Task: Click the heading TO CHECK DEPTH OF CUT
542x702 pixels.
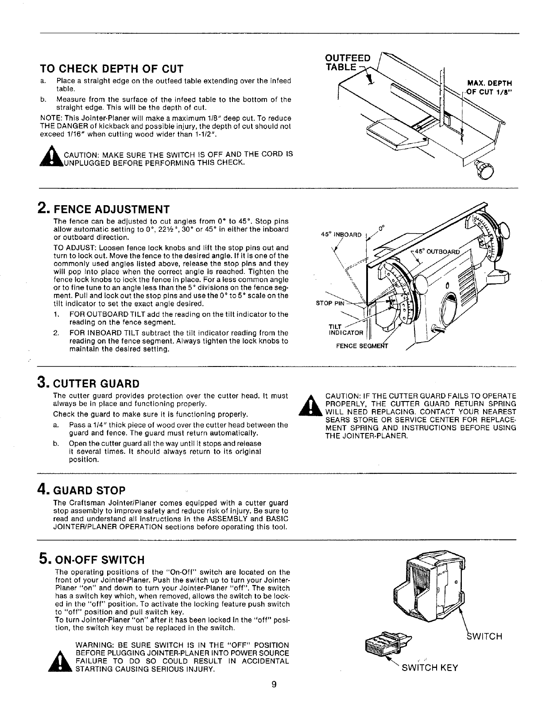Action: coord(111,69)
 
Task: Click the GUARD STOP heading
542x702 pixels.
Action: coord(89,491)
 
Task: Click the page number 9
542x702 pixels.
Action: coord(274,684)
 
